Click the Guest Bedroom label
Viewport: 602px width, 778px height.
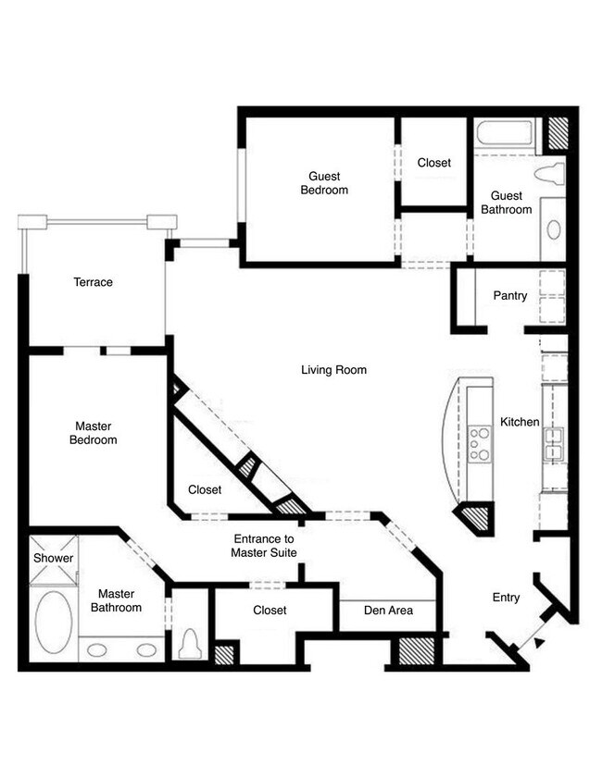(x=323, y=183)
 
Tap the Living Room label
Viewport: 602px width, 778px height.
(x=333, y=370)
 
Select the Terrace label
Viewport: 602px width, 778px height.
(x=93, y=282)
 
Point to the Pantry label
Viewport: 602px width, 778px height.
(x=510, y=296)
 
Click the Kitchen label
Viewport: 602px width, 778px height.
(x=520, y=422)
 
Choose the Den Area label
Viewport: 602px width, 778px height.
(x=387, y=611)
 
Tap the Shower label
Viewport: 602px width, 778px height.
(x=53, y=558)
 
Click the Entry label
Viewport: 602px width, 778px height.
(x=506, y=598)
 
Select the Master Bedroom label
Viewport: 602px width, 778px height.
(x=93, y=433)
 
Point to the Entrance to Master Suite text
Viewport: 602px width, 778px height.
(x=263, y=546)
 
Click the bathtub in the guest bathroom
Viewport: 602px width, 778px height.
(x=505, y=133)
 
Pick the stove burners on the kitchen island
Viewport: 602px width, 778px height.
(x=480, y=442)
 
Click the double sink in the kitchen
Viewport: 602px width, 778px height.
(x=554, y=443)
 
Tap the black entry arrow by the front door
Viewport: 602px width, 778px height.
(x=540, y=642)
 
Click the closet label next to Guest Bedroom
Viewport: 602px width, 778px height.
(x=433, y=163)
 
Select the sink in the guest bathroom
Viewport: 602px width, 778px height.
(x=553, y=228)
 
